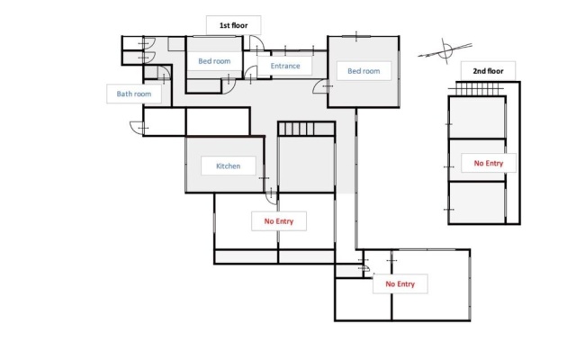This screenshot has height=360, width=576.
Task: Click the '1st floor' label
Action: coord(234,25)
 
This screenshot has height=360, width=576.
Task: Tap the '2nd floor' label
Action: coord(488,71)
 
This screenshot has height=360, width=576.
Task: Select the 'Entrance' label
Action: coord(285,66)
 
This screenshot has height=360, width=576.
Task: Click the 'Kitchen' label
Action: coord(228,166)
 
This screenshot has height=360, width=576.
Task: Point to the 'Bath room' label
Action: coord(134,94)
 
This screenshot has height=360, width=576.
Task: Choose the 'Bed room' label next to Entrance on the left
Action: coord(214,61)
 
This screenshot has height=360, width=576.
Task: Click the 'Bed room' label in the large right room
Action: coord(364,71)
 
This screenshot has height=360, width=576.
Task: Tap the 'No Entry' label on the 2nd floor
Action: coord(488,163)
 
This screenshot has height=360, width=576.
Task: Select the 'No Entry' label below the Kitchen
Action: coord(279,221)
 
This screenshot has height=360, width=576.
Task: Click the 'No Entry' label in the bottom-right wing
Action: coord(400,284)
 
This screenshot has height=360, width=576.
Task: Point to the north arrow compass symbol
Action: coord(445,50)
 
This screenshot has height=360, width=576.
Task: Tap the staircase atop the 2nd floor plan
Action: coord(476,89)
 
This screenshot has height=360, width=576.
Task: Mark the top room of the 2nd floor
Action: coord(477,118)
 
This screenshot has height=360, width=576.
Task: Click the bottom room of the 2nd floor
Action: coord(477,202)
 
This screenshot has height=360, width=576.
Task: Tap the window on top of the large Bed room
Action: coord(356,36)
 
